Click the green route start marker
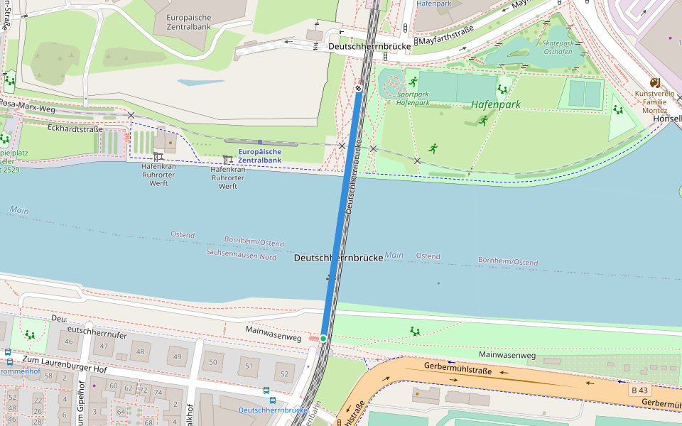click(323, 339)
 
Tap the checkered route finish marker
click(359, 88)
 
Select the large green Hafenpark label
click(495, 104)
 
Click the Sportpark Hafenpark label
click(413, 98)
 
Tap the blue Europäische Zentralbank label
click(259, 155)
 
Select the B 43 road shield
click(639, 390)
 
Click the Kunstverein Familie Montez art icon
click(655, 83)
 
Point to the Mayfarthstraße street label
click(446, 40)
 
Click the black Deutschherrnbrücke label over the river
click(338, 258)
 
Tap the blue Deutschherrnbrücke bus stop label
click(272, 410)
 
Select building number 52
click(284, 374)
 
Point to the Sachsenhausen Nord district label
click(241, 253)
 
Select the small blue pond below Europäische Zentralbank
click(201, 82)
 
